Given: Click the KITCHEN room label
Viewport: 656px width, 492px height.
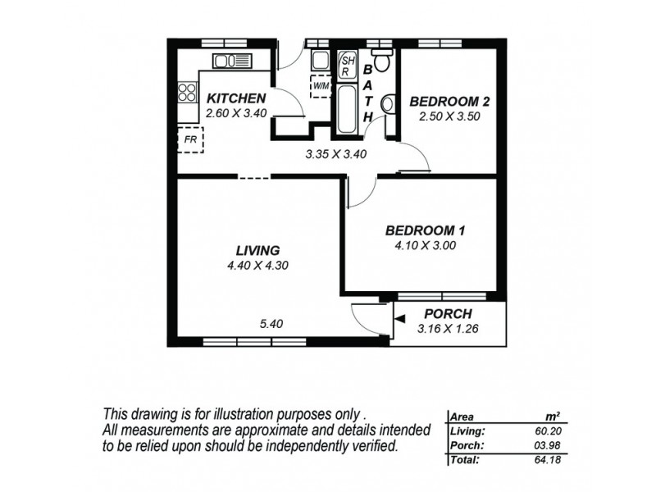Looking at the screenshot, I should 235,98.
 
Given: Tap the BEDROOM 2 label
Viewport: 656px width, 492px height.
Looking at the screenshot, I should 449,102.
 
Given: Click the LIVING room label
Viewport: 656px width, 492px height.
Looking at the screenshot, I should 257,250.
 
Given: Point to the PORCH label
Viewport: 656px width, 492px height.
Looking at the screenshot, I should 448,314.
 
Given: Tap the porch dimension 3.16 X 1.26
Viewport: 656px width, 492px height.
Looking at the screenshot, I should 448,329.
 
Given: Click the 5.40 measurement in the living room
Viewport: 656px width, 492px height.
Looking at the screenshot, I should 271,324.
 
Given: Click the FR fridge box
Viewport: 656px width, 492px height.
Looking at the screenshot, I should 190,139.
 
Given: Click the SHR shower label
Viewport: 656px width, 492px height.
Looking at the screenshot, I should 347,65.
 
